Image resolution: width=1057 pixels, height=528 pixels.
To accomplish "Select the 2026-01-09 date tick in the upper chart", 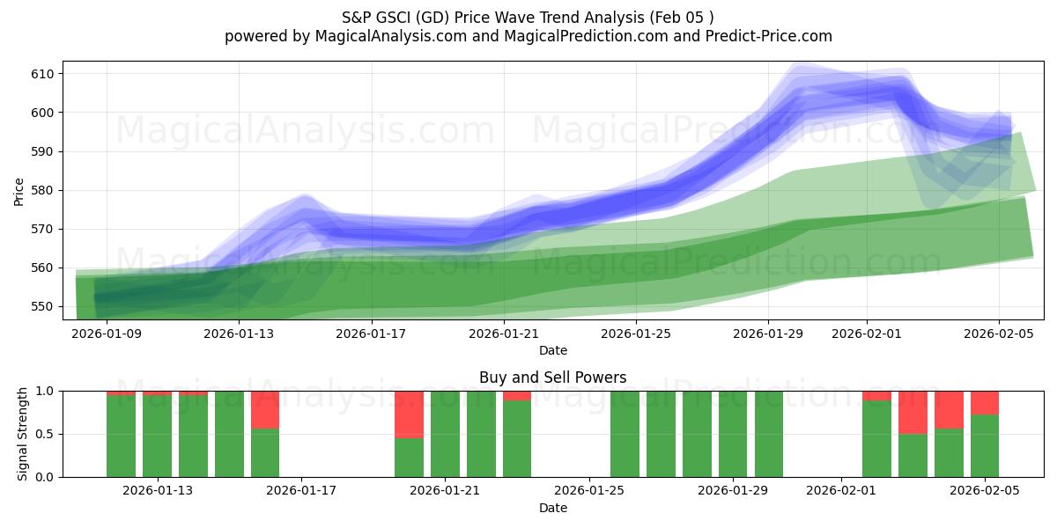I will click(x=107, y=334).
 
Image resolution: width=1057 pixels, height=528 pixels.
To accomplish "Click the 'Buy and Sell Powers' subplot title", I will click(x=552, y=378).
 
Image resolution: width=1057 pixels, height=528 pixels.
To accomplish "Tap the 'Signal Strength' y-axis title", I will click(x=24, y=433).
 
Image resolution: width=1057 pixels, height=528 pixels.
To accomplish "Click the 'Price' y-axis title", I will click(x=19, y=191).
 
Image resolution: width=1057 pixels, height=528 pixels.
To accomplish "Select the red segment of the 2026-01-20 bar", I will click(x=409, y=414).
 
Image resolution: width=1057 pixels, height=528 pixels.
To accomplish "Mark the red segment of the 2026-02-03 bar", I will click(x=913, y=412).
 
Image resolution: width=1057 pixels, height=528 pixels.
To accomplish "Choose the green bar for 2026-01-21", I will click(x=445, y=434).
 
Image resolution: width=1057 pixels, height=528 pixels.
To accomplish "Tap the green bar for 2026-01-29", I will click(x=733, y=434).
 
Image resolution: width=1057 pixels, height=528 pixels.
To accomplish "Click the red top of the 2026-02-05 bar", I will click(x=985, y=402).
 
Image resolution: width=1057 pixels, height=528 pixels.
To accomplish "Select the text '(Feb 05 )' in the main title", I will click(x=683, y=17).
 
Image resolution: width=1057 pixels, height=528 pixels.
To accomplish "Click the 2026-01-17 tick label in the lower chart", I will click(x=301, y=490).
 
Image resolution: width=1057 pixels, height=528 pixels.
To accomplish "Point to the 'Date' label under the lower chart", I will click(x=552, y=508).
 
